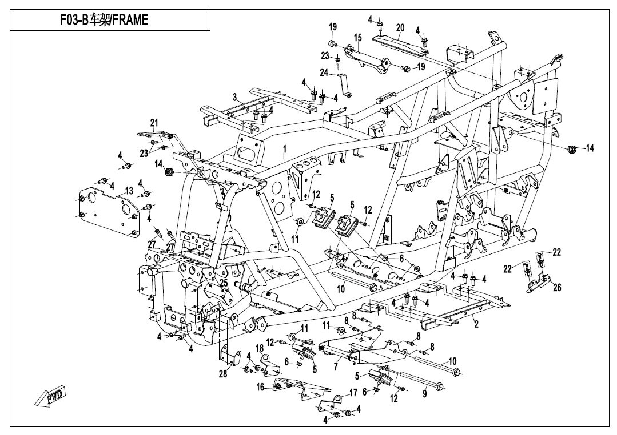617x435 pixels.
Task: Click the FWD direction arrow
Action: [x=50, y=396]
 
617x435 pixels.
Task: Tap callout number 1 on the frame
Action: [x=284, y=149]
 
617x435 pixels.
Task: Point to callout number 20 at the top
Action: [x=400, y=27]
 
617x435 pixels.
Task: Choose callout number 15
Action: [x=358, y=37]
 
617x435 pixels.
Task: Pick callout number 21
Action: [x=153, y=123]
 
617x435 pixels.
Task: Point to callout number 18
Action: [x=260, y=348]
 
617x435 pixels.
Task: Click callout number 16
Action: [x=260, y=386]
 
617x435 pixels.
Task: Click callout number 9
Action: [x=424, y=393]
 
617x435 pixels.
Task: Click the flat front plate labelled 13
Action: [x=109, y=211]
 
